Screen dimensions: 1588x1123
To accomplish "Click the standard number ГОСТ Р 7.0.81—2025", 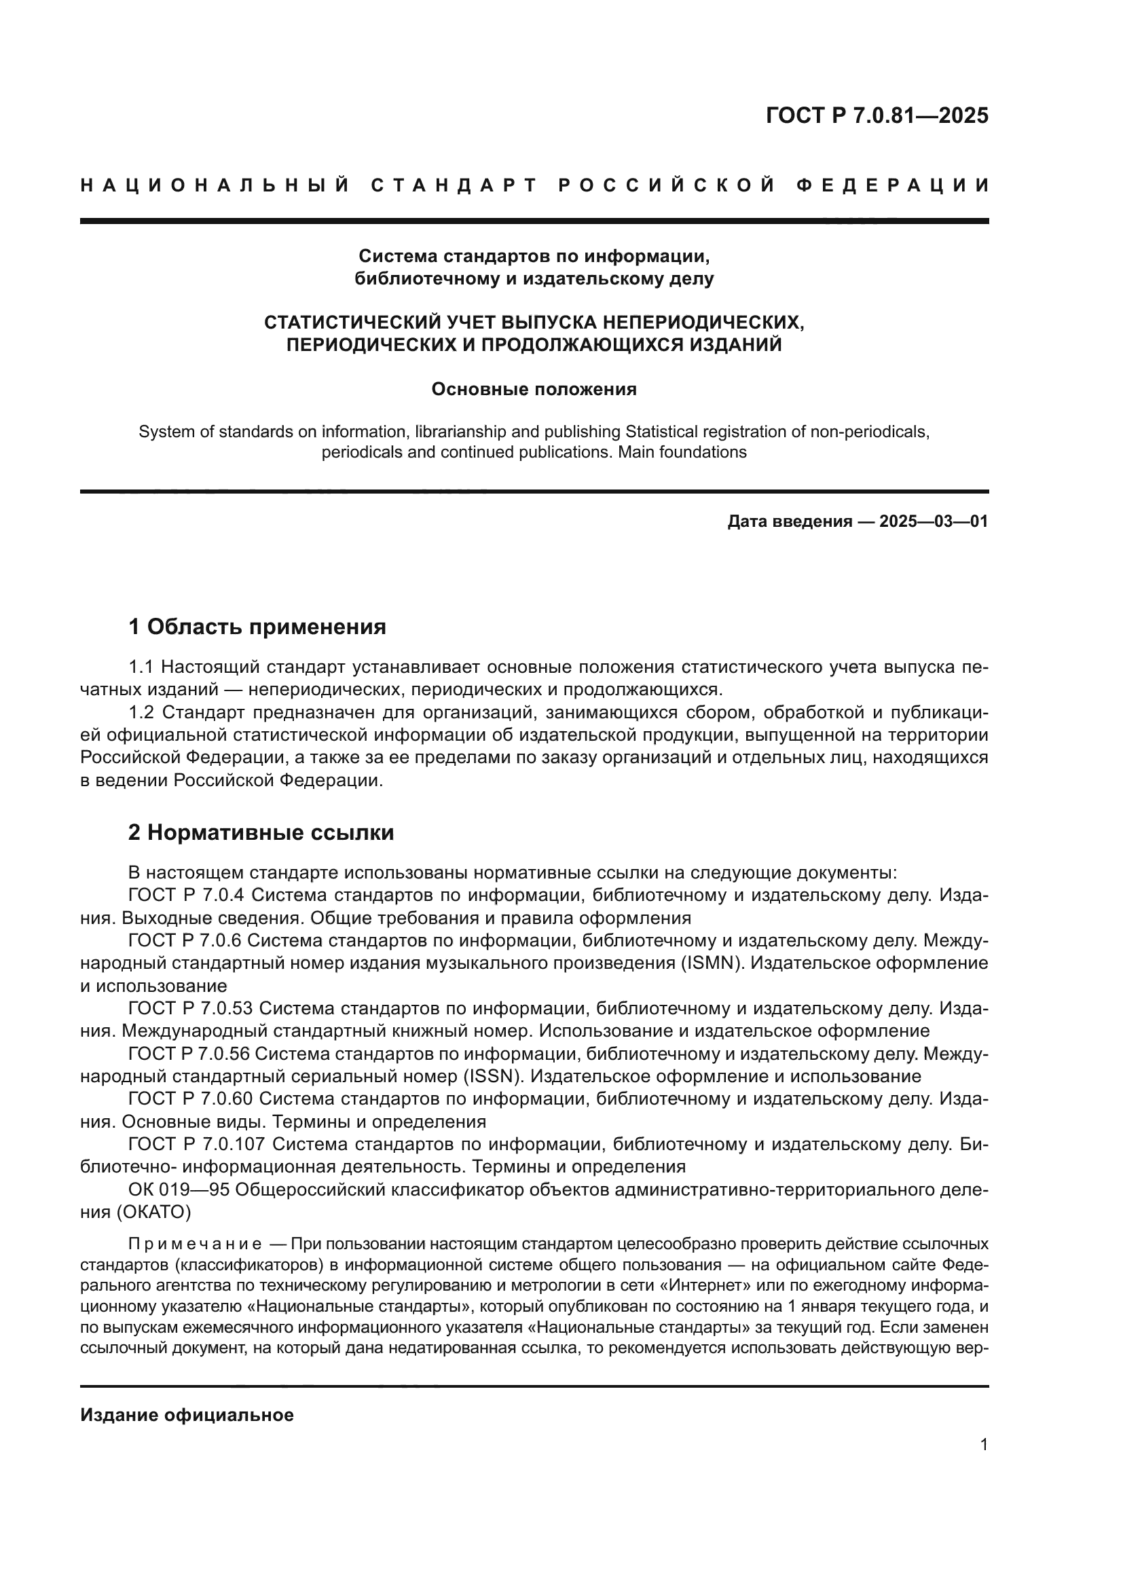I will coord(877,115).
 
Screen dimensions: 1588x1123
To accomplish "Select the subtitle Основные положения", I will coord(534,390).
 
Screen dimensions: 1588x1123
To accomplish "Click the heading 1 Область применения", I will coord(257,627).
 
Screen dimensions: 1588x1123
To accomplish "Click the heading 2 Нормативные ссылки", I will coord(261,833).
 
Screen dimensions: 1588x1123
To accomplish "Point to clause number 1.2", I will coord(143,712).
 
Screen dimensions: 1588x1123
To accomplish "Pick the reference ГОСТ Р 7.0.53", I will coord(190,1009).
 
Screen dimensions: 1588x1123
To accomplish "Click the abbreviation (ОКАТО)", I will coord(149,1212).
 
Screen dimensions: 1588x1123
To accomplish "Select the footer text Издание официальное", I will coord(187,1415).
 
